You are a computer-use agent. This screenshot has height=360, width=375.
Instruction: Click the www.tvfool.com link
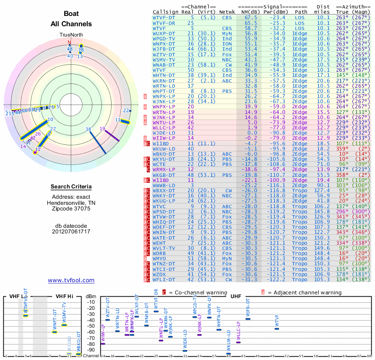71,280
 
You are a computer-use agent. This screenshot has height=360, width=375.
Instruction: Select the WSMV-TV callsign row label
164,60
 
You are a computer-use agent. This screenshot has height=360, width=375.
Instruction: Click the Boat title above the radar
71,14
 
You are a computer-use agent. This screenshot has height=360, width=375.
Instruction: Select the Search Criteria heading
71,187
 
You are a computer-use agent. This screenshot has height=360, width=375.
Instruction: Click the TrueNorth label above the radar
71,35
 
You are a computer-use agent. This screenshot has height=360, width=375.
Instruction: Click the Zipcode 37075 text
71,209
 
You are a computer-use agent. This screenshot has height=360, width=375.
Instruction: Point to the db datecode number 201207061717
71,232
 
